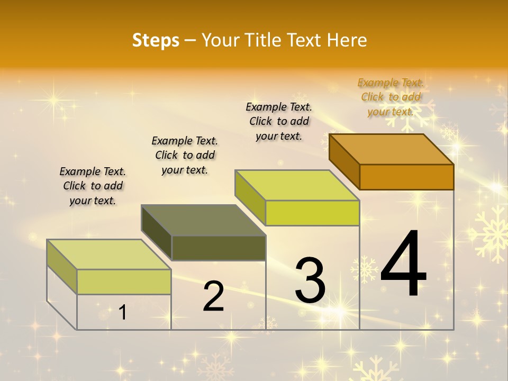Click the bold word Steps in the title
point(156,40)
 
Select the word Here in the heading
point(347,40)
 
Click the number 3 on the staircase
point(310,280)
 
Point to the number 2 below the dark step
point(213,296)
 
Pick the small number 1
point(123,313)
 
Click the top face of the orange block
point(392,149)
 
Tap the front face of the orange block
point(406,177)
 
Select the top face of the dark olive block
point(204,220)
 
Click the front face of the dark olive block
point(219,248)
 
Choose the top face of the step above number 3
point(297,185)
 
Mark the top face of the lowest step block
point(109,254)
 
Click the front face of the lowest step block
point(124,282)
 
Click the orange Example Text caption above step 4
point(391,97)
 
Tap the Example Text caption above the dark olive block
point(185,155)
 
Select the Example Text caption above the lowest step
point(93,186)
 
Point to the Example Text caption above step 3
point(279,121)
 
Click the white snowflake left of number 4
point(365,269)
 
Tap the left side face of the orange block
point(344,161)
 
